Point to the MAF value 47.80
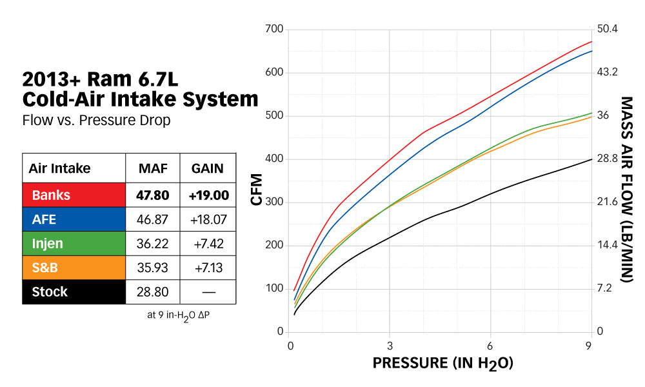pyautogui.click(x=152, y=195)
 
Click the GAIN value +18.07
pyautogui.click(x=207, y=219)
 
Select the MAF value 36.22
pyautogui.click(x=152, y=243)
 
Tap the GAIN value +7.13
pyautogui.click(x=207, y=268)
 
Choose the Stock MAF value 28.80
pyautogui.click(x=152, y=292)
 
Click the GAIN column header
pyautogui.click(x=207, y=169)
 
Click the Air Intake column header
pyautogui.click(x=59, y=169)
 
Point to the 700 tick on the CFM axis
pyautogui.click(x=274, y=30)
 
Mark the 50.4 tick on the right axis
pyautogui.click(x=608, y=30)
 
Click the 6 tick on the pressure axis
pyautogui.click(x=490, y=345)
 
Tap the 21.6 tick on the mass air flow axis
pyautogui.click(x=608, y=203)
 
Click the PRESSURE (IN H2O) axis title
pyautogui.click(x=442, y=364)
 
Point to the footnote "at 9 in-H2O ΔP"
pyautogui.click(x=179, y=315)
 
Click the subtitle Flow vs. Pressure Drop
pyautogui.click(x=96, y=121)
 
